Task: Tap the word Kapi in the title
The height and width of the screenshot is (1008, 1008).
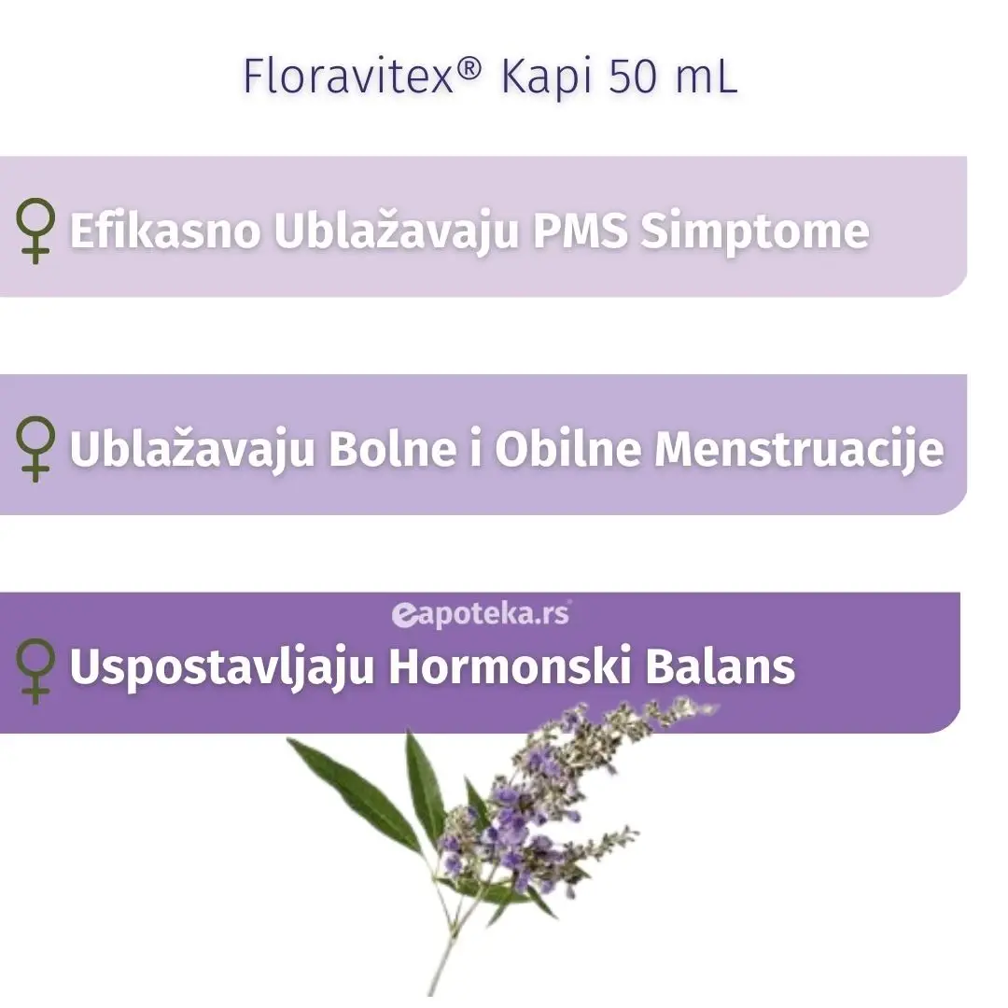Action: [x=546, y=77]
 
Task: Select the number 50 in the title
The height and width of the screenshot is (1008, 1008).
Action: [x=632, y=77]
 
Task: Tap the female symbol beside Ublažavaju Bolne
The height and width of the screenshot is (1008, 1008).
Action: [x=35, y=450]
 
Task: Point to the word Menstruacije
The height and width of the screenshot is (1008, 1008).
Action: [x=798, y=450]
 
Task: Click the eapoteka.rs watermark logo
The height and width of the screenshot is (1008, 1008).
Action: [x=481, y=613]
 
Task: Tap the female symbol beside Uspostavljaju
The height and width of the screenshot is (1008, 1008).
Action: [x=35, y=668]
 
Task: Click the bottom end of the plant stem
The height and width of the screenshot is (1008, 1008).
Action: [x=432, y=992]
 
